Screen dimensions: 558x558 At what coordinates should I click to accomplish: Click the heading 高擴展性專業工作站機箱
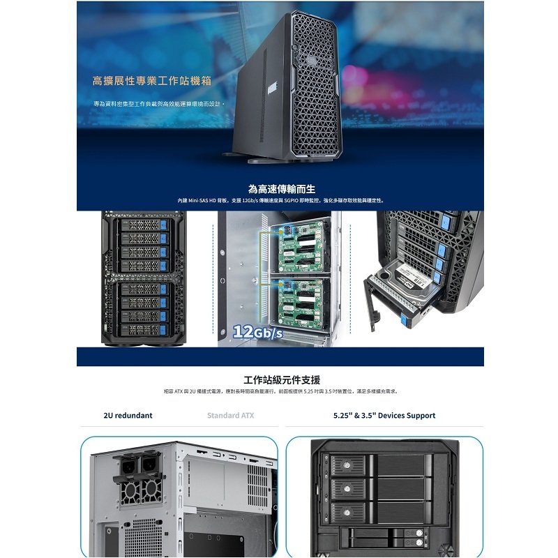coord(151,81)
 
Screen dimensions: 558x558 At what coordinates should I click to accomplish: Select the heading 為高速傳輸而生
coord(282,188)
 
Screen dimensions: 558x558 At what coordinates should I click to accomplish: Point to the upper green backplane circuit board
coord(297,250)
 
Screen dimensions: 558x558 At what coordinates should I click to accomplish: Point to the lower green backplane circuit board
coord(297,300)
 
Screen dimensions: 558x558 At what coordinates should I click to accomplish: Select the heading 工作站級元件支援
coord(282,380)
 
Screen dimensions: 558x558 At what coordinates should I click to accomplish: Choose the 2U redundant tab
coord(128,416)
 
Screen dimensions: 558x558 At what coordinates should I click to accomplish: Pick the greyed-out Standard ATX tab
coord(232,416)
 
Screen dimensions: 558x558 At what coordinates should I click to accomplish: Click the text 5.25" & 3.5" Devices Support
coord(384,416)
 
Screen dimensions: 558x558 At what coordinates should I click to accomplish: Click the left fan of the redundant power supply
coord(130,492)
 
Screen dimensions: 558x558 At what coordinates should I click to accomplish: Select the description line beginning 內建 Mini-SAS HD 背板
coord(280,200)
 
